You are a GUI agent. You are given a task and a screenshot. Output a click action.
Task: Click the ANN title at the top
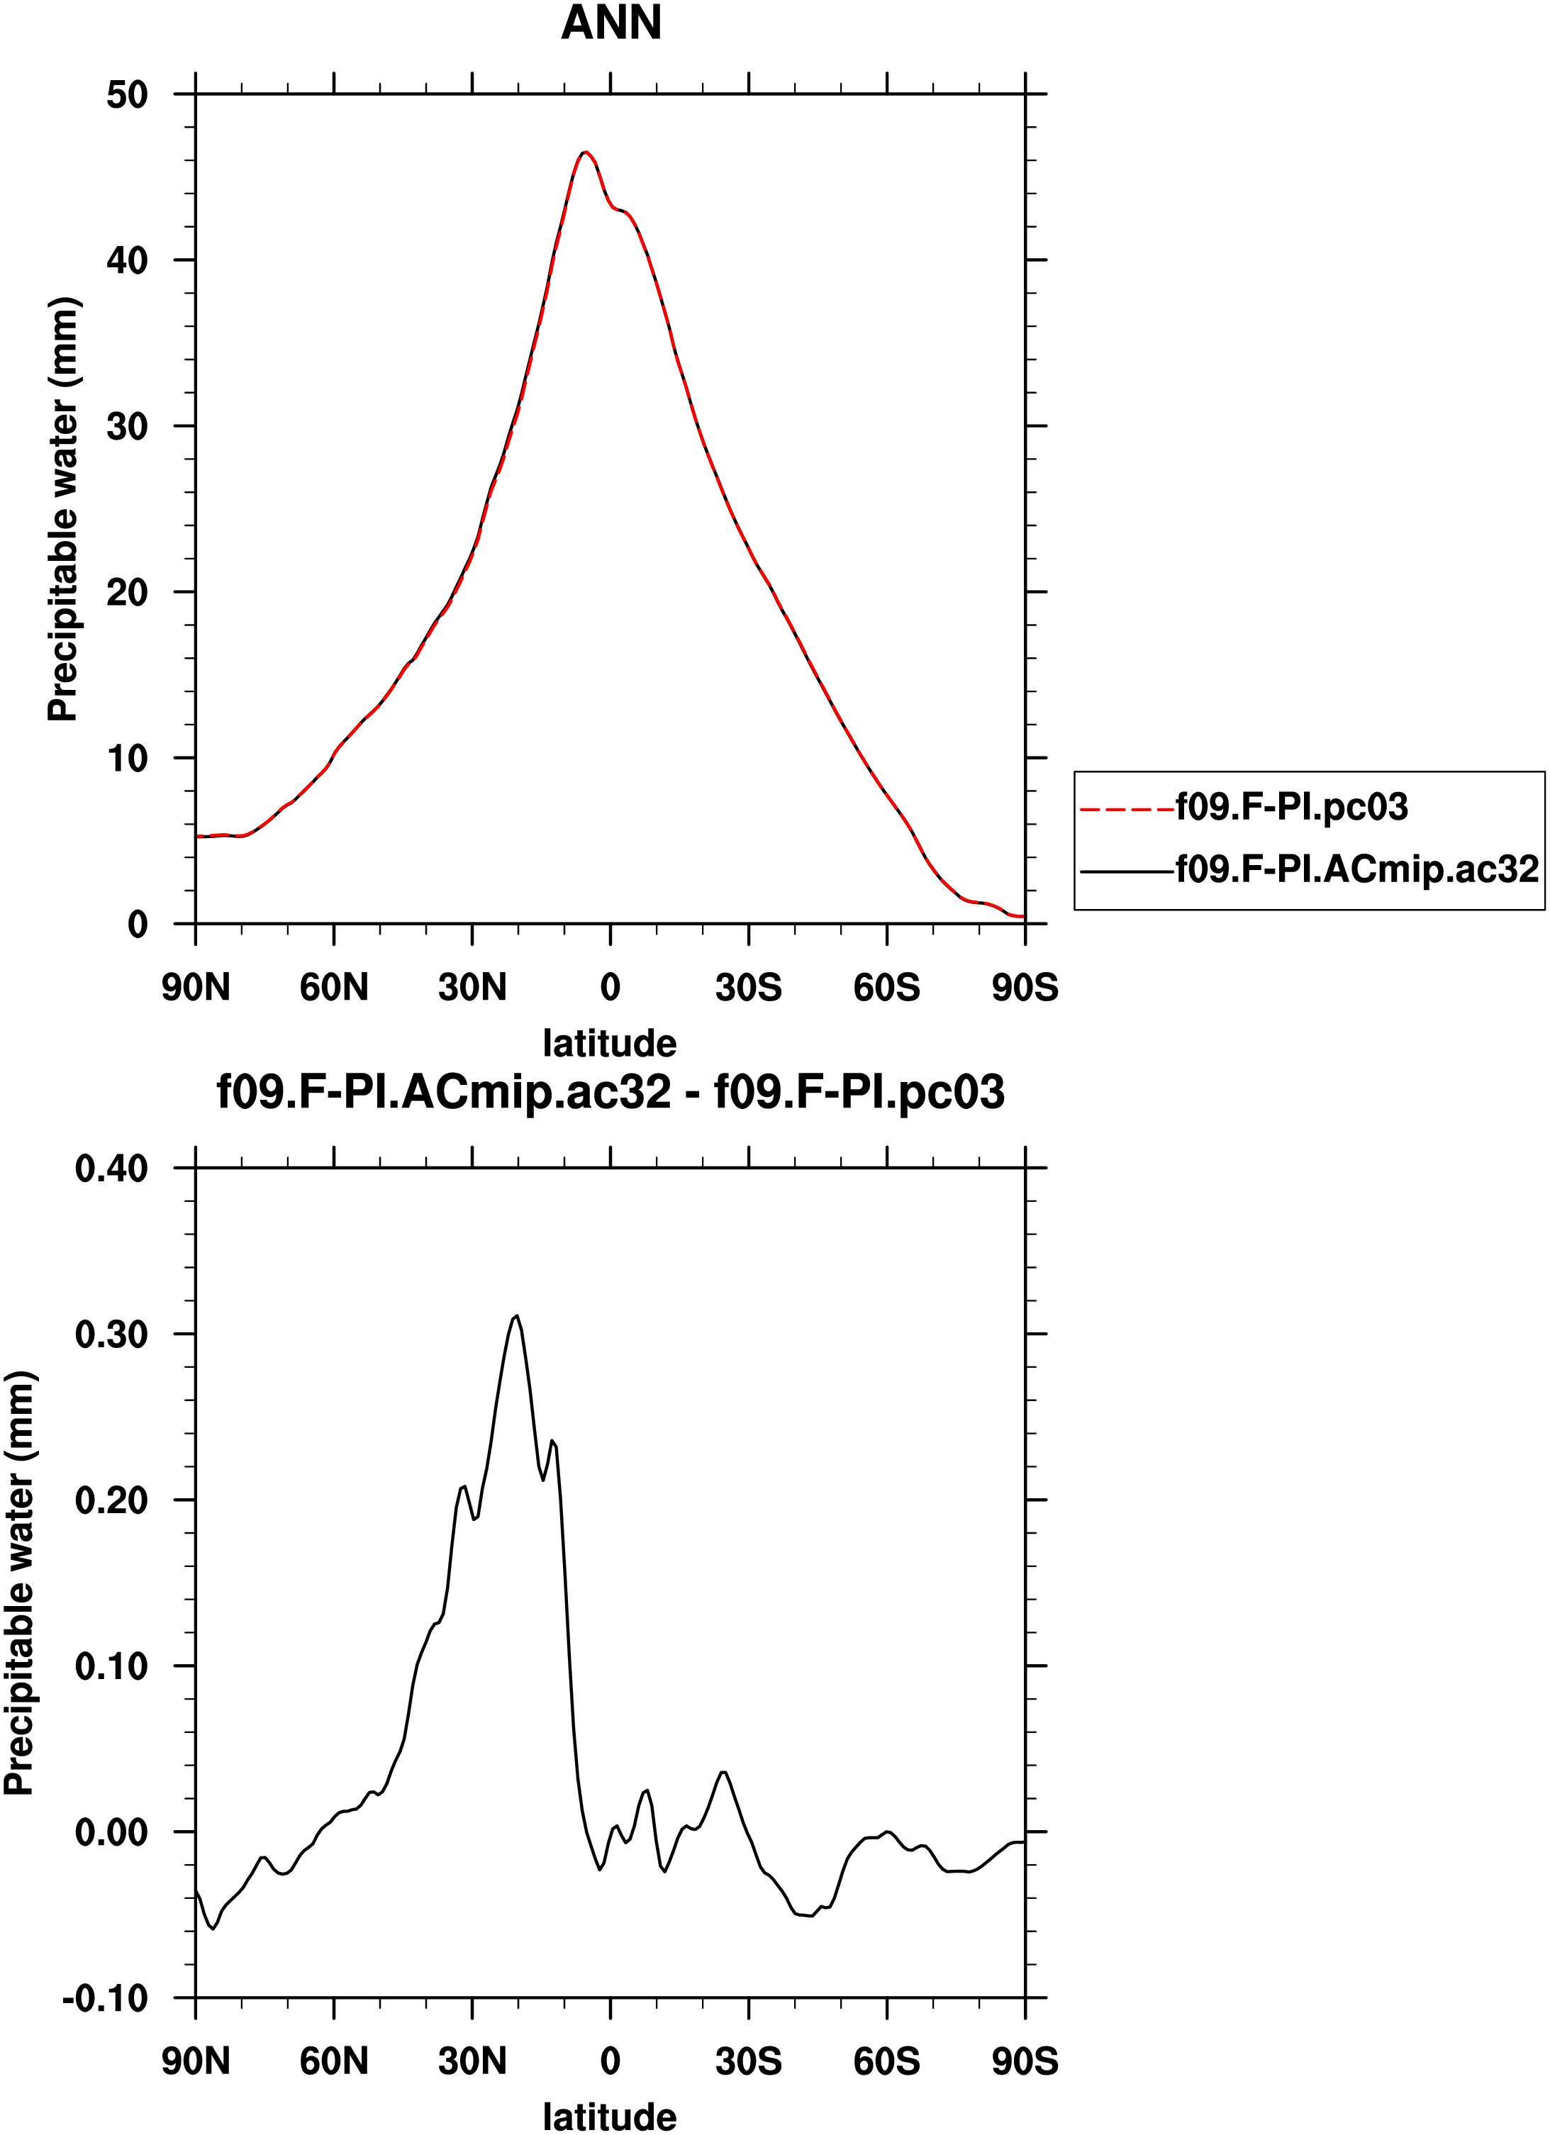click(x=610, y=23)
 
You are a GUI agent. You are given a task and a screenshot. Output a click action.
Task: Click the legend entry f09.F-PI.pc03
click(x=1291, y=807)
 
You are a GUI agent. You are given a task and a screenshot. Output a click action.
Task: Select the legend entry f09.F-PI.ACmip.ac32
click(x=1357, y=869)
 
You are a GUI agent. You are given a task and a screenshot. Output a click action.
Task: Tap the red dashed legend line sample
click(x=1127, y=808)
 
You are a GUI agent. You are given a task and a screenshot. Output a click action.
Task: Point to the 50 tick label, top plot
click(x=127, y=95)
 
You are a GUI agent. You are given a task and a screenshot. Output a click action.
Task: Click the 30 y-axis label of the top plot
click(x=127, y=426)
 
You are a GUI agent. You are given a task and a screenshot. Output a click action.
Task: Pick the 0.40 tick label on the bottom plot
click(x=112, y=1169)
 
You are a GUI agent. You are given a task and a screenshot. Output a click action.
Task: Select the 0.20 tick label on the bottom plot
click(x=112, y=1500)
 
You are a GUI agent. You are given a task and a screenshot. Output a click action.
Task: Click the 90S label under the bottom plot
click(x=1025, y=2061)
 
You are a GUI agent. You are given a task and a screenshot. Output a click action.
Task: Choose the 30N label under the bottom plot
click(x=472, y=2061)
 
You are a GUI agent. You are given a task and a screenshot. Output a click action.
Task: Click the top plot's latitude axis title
click(x=610, y=1043)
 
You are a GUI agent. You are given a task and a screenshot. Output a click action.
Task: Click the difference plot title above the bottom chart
click(x=610, y=1092)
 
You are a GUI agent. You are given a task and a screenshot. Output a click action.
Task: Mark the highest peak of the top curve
click(x=584, y=152)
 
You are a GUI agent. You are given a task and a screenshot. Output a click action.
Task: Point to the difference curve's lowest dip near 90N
click(x=213, y=1929)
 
